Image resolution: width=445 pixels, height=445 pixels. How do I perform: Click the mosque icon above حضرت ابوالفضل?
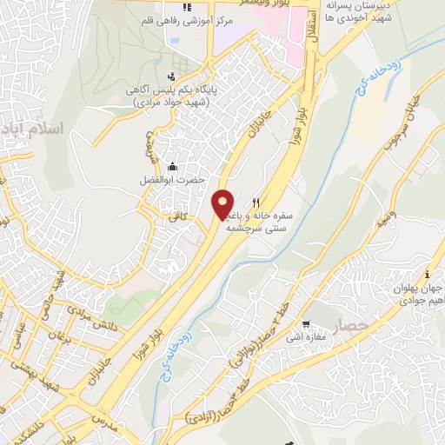(x=172, y=166)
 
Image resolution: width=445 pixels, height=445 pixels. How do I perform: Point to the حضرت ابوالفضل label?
(x=171, y=180)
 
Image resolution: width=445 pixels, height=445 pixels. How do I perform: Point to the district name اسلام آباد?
(x=42, y=130)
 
